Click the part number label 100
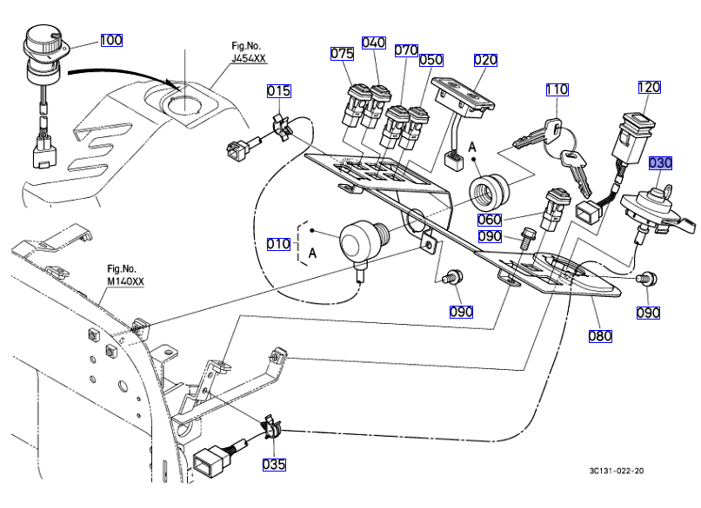click(111, 40)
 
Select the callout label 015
click(278, 90)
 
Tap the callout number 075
click(342, 54)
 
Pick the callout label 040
click(373, 43)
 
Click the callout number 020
click(485, 60)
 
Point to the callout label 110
click(557, 89)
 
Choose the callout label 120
click(649, 88)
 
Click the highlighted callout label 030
click(660, 162)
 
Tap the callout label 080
click(600, 335)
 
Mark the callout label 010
click(278, 244)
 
